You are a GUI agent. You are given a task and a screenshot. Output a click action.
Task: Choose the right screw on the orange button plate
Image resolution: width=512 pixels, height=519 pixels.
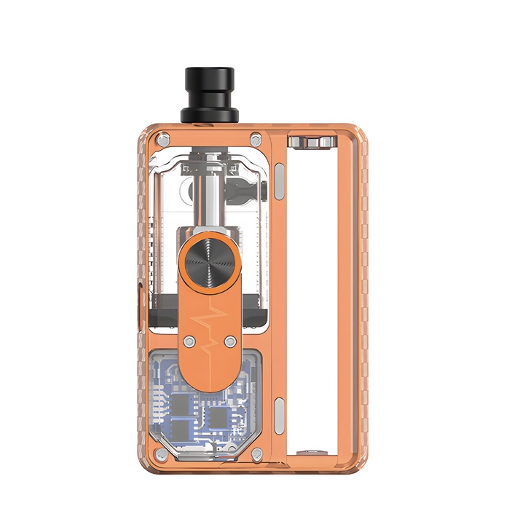coord(230,341)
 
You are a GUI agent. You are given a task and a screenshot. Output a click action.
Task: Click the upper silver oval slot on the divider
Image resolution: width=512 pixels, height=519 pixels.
coord(280,178)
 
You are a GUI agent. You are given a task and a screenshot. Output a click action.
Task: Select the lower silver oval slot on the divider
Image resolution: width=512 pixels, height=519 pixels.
coord(280,413)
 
